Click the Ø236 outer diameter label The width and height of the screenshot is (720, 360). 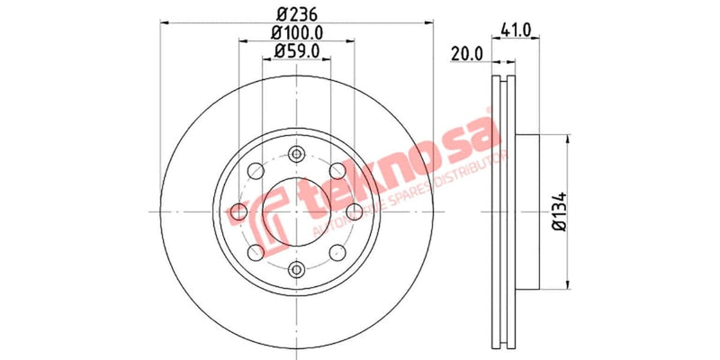pyautogui.click(x=297, y=14)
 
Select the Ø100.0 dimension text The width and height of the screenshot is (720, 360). pyautogui.click(x=297, y=32)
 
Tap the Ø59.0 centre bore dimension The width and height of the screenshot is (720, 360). pyautogui.click(x=297, y=51)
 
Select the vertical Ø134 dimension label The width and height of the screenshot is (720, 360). pyautogui.click(x=558, y=211)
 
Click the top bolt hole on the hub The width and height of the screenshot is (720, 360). pyautogui.click(x=297, y=154)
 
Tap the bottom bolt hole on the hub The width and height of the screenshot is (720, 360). pyautogui.click(x=297, y=267)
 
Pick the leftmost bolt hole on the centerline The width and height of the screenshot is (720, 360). pyautogui.click(x=239, y=211)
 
